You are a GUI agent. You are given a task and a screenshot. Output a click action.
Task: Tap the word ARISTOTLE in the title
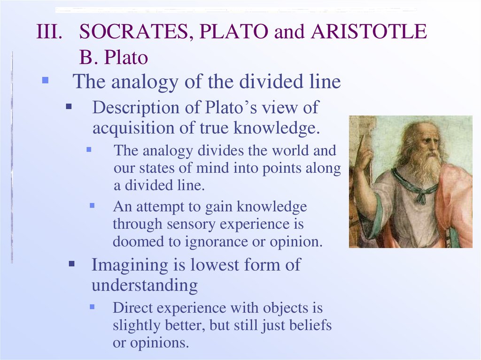369,31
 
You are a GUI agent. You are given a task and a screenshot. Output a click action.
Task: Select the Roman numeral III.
49,31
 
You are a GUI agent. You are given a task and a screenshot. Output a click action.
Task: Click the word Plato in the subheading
126,57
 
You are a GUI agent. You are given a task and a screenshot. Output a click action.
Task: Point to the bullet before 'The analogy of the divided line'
46,80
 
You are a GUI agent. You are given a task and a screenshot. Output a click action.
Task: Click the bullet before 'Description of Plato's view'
69,107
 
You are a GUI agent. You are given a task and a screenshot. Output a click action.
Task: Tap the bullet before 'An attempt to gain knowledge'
92,205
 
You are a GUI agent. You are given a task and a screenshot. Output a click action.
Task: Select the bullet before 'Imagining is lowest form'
72,264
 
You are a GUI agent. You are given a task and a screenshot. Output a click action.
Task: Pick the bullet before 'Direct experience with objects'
92,306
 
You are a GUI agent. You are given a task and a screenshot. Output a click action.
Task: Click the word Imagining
130,265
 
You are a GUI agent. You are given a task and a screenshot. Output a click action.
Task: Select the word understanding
145,285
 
